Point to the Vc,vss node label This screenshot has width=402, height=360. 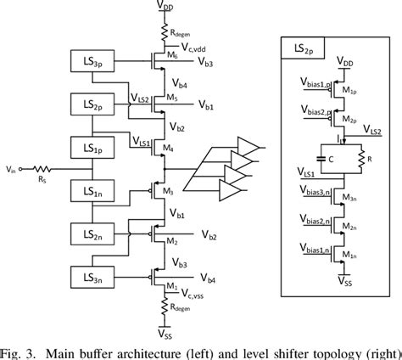pos(198,295)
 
